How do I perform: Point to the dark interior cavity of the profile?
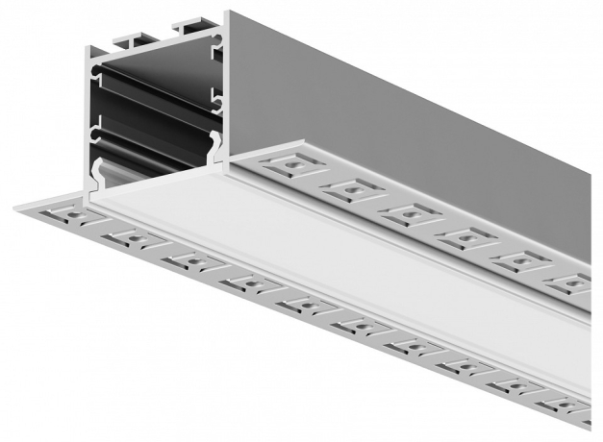point(154,106)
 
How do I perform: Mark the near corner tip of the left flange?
point(17,205)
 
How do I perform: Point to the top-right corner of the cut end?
point(227,14)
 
